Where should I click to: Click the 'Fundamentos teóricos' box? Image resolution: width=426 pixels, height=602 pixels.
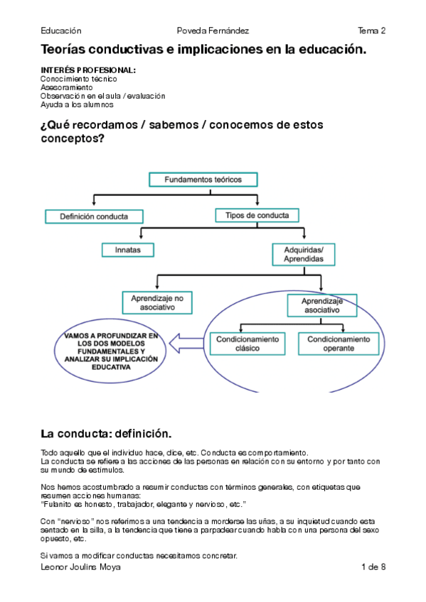[203, 180]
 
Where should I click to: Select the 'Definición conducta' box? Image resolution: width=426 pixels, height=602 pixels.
[94, 216]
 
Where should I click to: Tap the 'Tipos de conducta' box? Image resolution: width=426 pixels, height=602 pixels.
[257, 215]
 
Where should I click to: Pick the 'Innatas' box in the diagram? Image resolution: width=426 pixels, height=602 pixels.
[128, 250]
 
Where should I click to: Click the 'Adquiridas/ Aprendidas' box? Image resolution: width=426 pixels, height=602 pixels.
[304, 254]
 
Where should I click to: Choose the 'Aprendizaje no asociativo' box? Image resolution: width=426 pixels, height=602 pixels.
[157, 302]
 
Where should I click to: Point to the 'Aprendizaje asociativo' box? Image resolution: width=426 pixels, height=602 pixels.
[322, 305]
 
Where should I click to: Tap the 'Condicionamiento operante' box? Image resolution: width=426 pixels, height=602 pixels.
[339, 344]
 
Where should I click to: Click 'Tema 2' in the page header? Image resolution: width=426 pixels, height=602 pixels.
[372, 31]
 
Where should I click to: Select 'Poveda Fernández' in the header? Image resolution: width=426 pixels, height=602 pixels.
[213, 31]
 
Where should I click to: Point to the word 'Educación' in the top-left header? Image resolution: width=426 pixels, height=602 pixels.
[61, 31]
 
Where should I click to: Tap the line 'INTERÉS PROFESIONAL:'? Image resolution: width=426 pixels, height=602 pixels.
[88, 70]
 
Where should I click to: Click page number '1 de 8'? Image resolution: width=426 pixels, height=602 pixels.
[373, 567]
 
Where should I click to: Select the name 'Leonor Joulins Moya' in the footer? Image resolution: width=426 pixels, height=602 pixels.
[80, 567]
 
